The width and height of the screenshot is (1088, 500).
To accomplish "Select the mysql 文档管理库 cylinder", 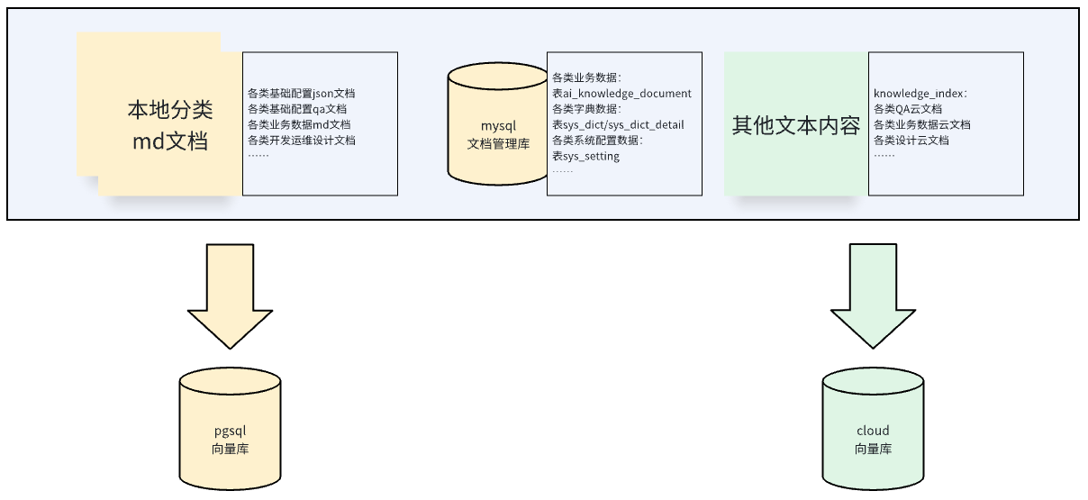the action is point(498,127).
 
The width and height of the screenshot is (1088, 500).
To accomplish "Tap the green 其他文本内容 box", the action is point(796,125).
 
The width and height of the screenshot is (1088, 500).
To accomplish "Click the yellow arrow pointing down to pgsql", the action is point(230,294).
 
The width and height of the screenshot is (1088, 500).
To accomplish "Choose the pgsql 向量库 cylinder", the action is point(230,432).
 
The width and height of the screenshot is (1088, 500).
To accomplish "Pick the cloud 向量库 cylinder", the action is point(873,432).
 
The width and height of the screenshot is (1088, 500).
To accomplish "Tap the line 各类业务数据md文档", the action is point(299,124).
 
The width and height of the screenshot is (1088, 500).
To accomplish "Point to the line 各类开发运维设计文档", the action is point(302,140).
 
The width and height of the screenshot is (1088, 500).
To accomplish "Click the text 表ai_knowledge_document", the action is point(621,93).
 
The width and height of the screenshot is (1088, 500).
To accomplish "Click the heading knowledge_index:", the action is point(919,93).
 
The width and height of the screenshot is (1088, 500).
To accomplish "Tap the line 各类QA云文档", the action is point(908,108).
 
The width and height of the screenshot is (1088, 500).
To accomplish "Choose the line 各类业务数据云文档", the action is point(922,124).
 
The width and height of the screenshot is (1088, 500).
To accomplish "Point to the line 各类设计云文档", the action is point(911,140).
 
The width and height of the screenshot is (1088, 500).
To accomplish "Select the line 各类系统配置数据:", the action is point(596,140).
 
